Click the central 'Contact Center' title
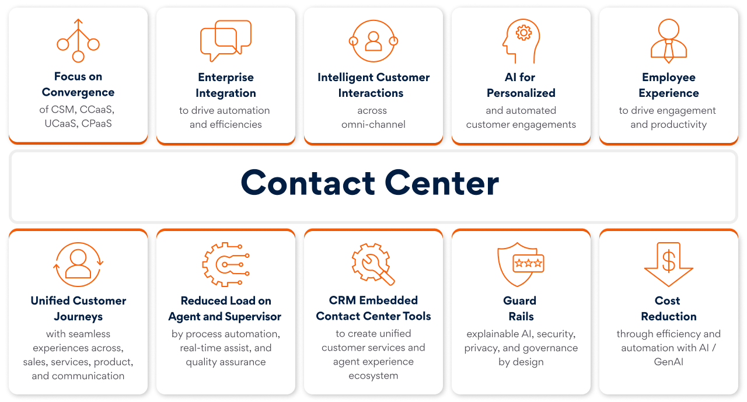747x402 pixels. (x=370, y=183)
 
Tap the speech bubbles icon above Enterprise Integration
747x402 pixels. (x=226, y=41)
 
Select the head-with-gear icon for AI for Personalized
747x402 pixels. (x=521, y=41)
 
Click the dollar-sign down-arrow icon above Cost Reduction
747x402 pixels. (x=668, y=264)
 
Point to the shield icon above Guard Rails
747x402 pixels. (x=521, y=264)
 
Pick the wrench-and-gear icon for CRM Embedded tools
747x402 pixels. (x=373, y=264)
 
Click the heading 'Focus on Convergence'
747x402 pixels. (x=78, y=85)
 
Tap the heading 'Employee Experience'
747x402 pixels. (x=669, y=85)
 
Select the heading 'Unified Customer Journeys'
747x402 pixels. (x=78, y=308)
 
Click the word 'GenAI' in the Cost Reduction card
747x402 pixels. (x=669, y=362)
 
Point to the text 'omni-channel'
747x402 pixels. (x=373, y=124)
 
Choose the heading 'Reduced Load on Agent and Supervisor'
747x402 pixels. (x=225, y=308)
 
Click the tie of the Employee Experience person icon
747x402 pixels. (x=669, y=51)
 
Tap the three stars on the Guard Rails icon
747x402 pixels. (x=529, y=263)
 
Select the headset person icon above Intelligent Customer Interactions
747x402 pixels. (x=373, y=41)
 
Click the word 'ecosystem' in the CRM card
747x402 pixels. (x=373, y=376)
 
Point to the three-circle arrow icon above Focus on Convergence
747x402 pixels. (x=78, y=40)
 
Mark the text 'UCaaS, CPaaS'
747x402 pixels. (x=78, y=124)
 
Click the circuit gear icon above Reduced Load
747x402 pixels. (x=226, y=264)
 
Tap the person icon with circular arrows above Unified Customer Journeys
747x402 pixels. (x=78, y=264)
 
